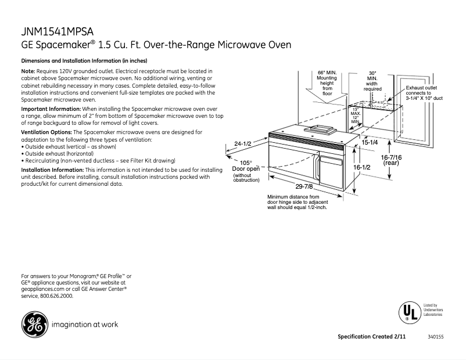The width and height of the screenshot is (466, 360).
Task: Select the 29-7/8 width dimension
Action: point(304,186)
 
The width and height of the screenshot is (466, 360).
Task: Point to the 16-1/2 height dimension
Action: point(362,167)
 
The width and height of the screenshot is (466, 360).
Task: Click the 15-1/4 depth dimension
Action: point(370,142)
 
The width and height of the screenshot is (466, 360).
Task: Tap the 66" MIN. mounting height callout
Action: point(327,82)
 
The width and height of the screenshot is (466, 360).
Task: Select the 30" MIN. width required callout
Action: point(372,81)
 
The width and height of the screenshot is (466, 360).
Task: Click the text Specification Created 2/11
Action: point(371,337)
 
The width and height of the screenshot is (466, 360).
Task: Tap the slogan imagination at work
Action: point(85,325)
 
